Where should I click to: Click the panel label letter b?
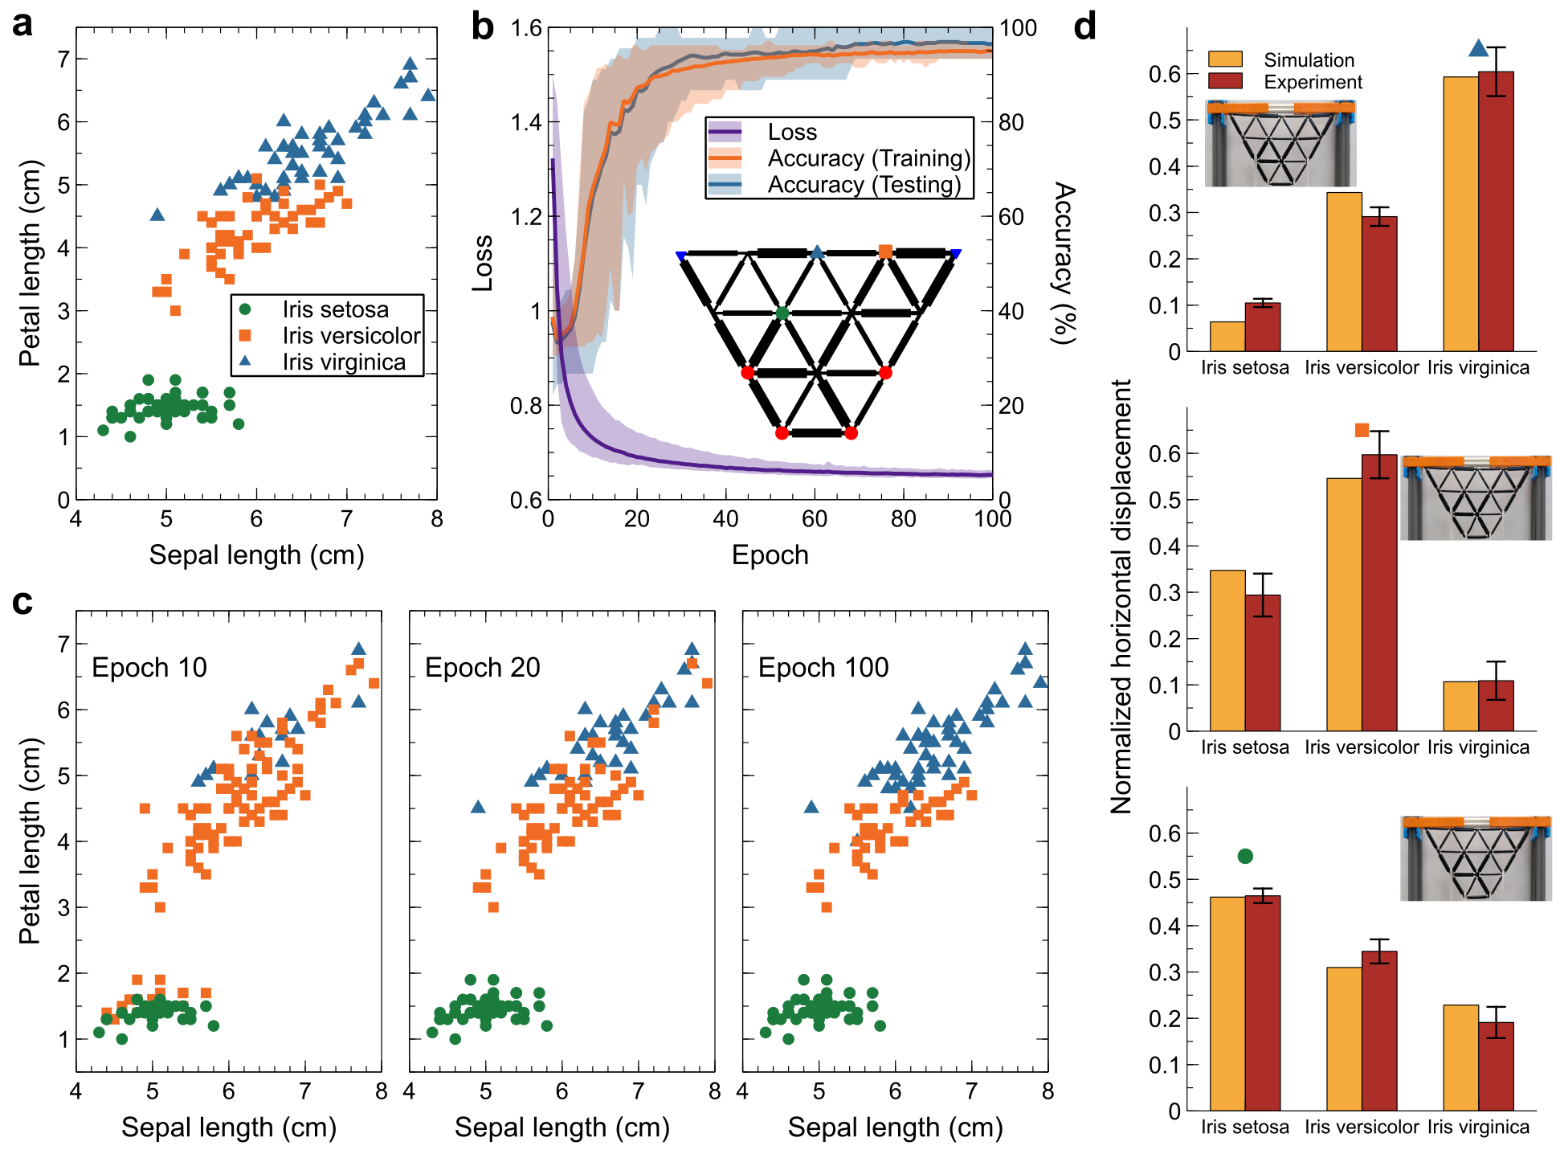coord(482,27)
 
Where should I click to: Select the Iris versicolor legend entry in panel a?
coord(351,336)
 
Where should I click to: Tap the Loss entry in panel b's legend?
coord(791,132)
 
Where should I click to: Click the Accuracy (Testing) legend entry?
coord(864,185)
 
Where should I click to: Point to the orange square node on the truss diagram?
coord(885,252)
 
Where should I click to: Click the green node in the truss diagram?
coord(782,313)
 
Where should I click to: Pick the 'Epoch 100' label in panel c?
coord(823,667)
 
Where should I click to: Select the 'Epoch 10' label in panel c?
coord(149,667)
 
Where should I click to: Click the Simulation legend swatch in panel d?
coord(1225,59)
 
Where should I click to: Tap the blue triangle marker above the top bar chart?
coord(1478,49)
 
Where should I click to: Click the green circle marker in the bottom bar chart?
coord(1245,856)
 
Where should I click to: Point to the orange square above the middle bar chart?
coord(1362,430)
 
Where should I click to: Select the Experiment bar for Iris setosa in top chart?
coord(1263,327)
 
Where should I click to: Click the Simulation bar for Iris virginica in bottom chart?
coord(1460,1058)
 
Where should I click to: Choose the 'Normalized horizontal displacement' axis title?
coord(1121,596)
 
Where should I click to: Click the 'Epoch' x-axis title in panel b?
coord(770,555)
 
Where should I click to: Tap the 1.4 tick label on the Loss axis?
coord(526,122)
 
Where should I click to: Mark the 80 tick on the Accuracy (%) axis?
coord(1011,122)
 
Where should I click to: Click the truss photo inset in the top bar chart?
coord(1280,144)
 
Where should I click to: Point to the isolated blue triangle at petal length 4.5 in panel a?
coord(157,215)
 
